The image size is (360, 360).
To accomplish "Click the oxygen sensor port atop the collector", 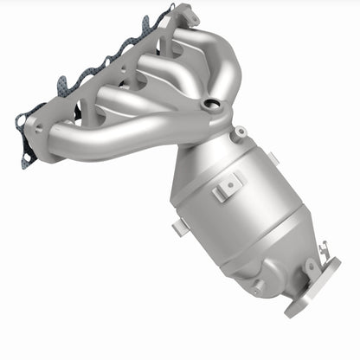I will [x=210, y=106].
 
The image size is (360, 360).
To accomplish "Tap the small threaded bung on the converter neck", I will [x=240, y=132].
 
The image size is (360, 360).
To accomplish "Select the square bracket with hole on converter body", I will [x=230, y=183].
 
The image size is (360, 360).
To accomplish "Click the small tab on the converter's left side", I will [x=177, y=228].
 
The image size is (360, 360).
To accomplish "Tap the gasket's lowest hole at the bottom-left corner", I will [x=27, y=157].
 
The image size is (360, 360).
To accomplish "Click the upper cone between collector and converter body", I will [x=208, y=151].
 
